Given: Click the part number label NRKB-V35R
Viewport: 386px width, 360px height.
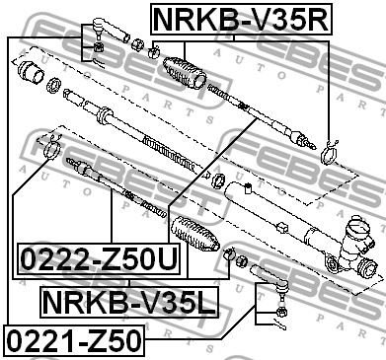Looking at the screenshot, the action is pyautogui.click(x=242, y=19).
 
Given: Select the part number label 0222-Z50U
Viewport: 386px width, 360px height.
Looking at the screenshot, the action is pyautogui.click(x=99, y=259).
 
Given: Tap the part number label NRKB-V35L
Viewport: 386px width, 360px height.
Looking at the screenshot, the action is pyautogui.click(x=129, y=302).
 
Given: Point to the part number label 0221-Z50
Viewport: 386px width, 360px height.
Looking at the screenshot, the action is pyautogui.click(x=74, y=340).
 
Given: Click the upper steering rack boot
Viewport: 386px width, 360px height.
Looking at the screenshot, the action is pyautogui.click(x=185, y=73).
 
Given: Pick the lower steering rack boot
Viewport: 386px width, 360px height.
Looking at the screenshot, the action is pyautogui.click(x=194, y=234).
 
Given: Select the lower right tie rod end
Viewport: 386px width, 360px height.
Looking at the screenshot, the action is pyautogui.click(x=270, y=280).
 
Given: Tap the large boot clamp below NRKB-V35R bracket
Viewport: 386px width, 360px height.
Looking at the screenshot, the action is pyautogui.click(x=329, y=151).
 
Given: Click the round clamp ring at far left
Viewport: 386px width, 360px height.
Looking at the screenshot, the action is pyautogui.click(x=51, y=149).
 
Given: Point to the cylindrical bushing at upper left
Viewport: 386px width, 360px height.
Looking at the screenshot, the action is pyautogui.click(x=31, y=73).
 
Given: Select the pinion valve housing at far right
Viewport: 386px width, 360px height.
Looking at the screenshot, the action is pyautogui.click(x=356, y=246).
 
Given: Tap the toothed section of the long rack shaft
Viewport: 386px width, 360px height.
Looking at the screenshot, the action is pyautogui.click(x=170, y=153).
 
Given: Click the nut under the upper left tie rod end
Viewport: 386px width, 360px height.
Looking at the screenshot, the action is pyautogui.click(x=99, y=46).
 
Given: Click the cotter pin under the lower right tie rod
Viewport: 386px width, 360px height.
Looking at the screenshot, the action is pyautogui.click(x=279, y=324).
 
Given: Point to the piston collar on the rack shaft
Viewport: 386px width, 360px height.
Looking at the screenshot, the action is pyautogui.click(x=105, y=115).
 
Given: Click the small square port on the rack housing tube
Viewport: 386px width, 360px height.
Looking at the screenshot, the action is pyautogui.click(x=248, y=188).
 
